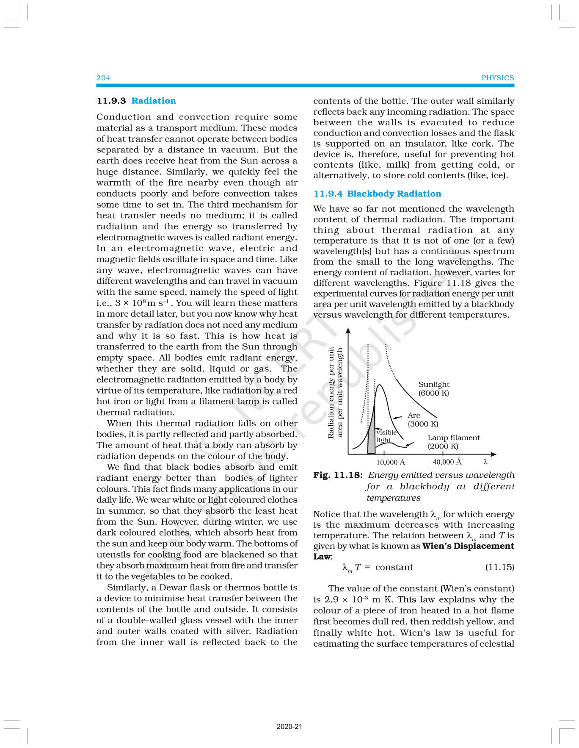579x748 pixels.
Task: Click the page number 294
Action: click(x=103, y=78)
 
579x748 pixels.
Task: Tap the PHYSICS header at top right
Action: click(x=497, y=78)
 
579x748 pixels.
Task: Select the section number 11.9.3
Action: click(x=111, y=101)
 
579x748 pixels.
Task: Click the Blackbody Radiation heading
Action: click(x=394, y=194)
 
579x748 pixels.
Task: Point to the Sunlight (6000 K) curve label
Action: click(x=434, y=388)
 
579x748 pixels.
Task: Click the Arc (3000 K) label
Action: click(x=422, y=419)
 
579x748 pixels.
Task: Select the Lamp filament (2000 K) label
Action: click(x=453, y=442)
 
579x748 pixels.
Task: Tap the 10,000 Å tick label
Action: click(x=390, y=462)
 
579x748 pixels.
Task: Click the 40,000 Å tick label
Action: click(x=447, y=462)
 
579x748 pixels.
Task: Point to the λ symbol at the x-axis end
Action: click(x=486, y=462)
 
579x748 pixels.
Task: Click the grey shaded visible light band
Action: click(x=372, y=438)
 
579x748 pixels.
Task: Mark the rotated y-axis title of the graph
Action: click(x=336, y=392)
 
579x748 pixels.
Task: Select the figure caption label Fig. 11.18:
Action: click(x=338, y=475)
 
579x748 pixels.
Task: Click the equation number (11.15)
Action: click(x=499, y=567)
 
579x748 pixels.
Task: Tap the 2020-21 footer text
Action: click(x=289, y=727)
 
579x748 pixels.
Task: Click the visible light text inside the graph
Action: click(x=386, y=436)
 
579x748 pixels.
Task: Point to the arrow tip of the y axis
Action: click(x=348, y=329)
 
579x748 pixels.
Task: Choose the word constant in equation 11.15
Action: click(x=394, y=567)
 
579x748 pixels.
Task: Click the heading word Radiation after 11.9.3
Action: click(x=153, y=101)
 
